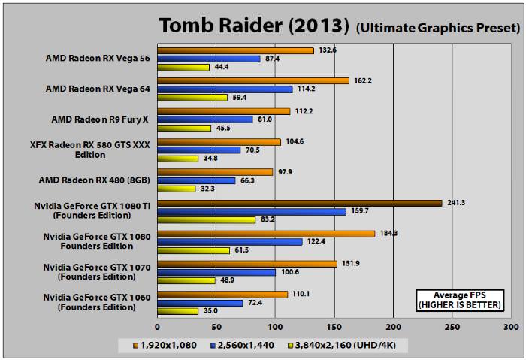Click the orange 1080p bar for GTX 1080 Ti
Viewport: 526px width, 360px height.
(299, 202)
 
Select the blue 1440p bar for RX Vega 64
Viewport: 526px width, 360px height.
(225, 89)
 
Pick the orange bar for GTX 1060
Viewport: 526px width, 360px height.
(222, 294)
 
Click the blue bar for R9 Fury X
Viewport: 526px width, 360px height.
(204, 119)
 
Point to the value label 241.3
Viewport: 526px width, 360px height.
(456, 202)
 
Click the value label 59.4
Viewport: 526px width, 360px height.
(238, 98)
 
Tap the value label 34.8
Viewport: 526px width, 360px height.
(210, 159)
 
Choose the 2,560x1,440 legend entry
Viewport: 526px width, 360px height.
(243, 345)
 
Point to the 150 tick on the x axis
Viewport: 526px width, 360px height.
(334, 328)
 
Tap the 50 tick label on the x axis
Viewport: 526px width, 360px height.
(216, 328)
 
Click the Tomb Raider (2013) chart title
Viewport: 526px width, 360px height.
(254, 26)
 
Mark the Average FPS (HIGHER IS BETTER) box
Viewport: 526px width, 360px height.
(460, 298)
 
